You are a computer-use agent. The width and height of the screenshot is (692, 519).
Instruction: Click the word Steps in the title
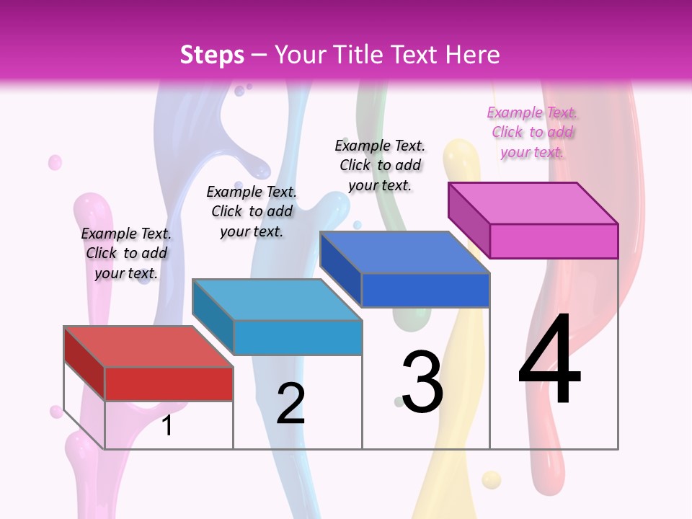pos(212,55)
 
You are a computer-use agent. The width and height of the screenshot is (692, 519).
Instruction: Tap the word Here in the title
pos(472,55)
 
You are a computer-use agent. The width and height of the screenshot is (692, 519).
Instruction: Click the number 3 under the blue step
pos(422,381)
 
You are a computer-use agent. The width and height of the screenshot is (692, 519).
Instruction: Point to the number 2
pos(291,403)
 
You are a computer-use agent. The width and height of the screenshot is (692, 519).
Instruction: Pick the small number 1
pos(167,425)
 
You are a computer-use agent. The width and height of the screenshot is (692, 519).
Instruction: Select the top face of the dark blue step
pos(404,252)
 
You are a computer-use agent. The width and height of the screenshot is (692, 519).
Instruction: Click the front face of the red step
pos(169,383)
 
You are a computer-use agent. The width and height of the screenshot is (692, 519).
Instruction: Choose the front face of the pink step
pos(554,241)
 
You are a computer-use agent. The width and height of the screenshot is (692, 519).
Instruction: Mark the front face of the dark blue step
pos(425,290)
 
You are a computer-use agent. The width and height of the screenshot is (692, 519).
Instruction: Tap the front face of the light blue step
pos(297,337)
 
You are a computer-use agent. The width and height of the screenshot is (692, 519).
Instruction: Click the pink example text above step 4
pos(532,132)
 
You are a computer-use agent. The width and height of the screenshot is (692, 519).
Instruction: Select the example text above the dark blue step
pos(380,165)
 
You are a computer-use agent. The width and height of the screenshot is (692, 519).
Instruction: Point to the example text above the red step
pos(126,253)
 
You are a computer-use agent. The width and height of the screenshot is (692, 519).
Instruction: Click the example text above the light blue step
pos(252,211)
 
